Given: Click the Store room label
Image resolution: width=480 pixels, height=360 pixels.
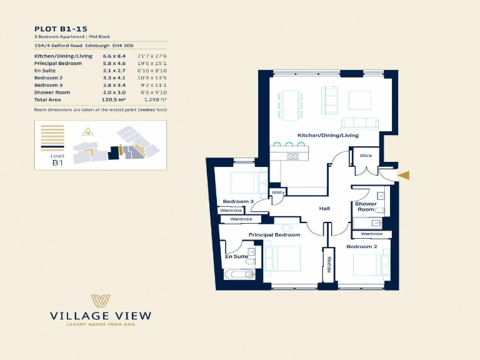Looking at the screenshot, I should (366, 156).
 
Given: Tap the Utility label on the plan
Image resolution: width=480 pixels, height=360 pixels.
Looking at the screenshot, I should (278, 192).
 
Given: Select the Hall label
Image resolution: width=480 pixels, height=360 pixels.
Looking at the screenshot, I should (324, 208).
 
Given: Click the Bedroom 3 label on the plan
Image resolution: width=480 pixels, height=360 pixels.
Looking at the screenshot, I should (238, 201).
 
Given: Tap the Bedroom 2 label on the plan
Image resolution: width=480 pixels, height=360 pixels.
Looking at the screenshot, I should (361, 246).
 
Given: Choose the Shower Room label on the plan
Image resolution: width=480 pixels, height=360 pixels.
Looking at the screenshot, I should (366, 207).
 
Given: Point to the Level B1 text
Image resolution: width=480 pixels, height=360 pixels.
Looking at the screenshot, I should (57, 159).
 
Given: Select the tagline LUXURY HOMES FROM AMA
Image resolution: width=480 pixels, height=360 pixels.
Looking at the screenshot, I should (99, 324).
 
